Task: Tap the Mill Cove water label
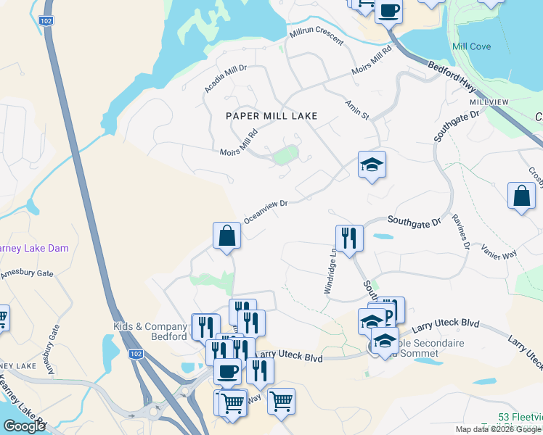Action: [x=471, y=46]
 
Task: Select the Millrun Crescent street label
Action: [x=316, y=37]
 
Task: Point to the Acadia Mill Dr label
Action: [x=226, y=78]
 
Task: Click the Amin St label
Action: [x=357, y=109]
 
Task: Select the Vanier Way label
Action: [x=499, y=251]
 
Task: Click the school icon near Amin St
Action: [x=371, y=165]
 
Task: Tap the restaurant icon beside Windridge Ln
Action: [x=348, y=239]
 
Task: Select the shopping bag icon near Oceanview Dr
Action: [x=226, y=236]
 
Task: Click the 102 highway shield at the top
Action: [x=47, y=22]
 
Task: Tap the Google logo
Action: [x=24, y=426]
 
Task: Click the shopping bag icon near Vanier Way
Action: [x=521, y=196]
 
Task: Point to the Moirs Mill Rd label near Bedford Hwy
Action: [x=371, y=61]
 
